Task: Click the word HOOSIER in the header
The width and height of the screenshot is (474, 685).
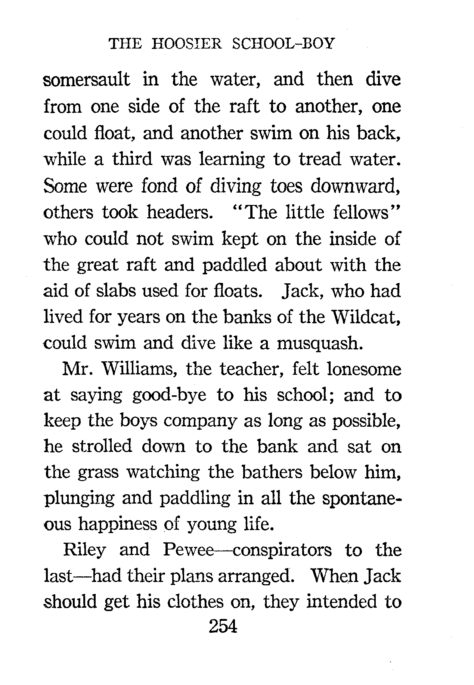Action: pyautogui.click(x=187, y=44)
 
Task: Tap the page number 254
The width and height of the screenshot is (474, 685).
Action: pyautogui.click(x=223, y=626)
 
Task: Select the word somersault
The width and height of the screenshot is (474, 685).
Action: pyautogui.click(x=87, y=80)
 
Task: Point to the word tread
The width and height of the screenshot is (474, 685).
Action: pyautogui.click(x=320, y=159)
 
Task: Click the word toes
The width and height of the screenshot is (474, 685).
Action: pyautogui.click(x=285, y=186)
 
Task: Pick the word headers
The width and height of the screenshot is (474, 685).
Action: pyautogui.click(x=177, y=212)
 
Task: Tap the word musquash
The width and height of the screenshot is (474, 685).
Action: pyautogui.click(x=319, y=343)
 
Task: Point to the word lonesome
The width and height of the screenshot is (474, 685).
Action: pyautogui.click(x=363, y=369)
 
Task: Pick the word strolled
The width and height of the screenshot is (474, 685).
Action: pyautogui.click(x=101, y=447)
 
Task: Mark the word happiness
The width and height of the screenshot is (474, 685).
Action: pyautogui.click(x=117, y=524)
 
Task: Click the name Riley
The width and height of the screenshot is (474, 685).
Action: pyautogui.click(x=85, y=551)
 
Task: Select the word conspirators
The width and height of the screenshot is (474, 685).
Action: pyautogui.click(x=282, y=551)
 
